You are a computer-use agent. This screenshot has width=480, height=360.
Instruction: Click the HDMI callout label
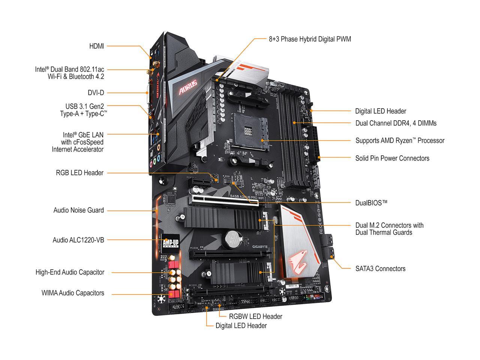tap(96, 46)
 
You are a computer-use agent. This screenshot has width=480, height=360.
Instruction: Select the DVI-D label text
tap(96, 93)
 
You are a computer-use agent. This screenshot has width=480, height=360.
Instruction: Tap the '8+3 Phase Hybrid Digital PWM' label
tap(310, 39)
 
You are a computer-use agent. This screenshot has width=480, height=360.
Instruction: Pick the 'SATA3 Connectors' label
tap(380, 268)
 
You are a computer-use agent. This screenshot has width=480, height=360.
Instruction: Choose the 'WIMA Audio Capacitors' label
tap(73, 293)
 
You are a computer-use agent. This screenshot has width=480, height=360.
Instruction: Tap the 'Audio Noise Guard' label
tap(78, 210)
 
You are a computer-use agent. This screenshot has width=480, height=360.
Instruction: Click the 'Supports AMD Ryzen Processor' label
tap(400, 141)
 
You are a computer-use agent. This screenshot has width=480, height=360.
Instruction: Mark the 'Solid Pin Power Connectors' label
tap(392, 158)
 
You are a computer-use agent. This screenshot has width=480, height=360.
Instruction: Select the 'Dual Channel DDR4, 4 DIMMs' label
tap(396, 123)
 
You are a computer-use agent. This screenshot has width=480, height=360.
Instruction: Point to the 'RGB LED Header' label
tap(79, 173)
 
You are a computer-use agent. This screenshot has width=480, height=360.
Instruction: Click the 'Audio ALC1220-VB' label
tap(78, 240)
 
